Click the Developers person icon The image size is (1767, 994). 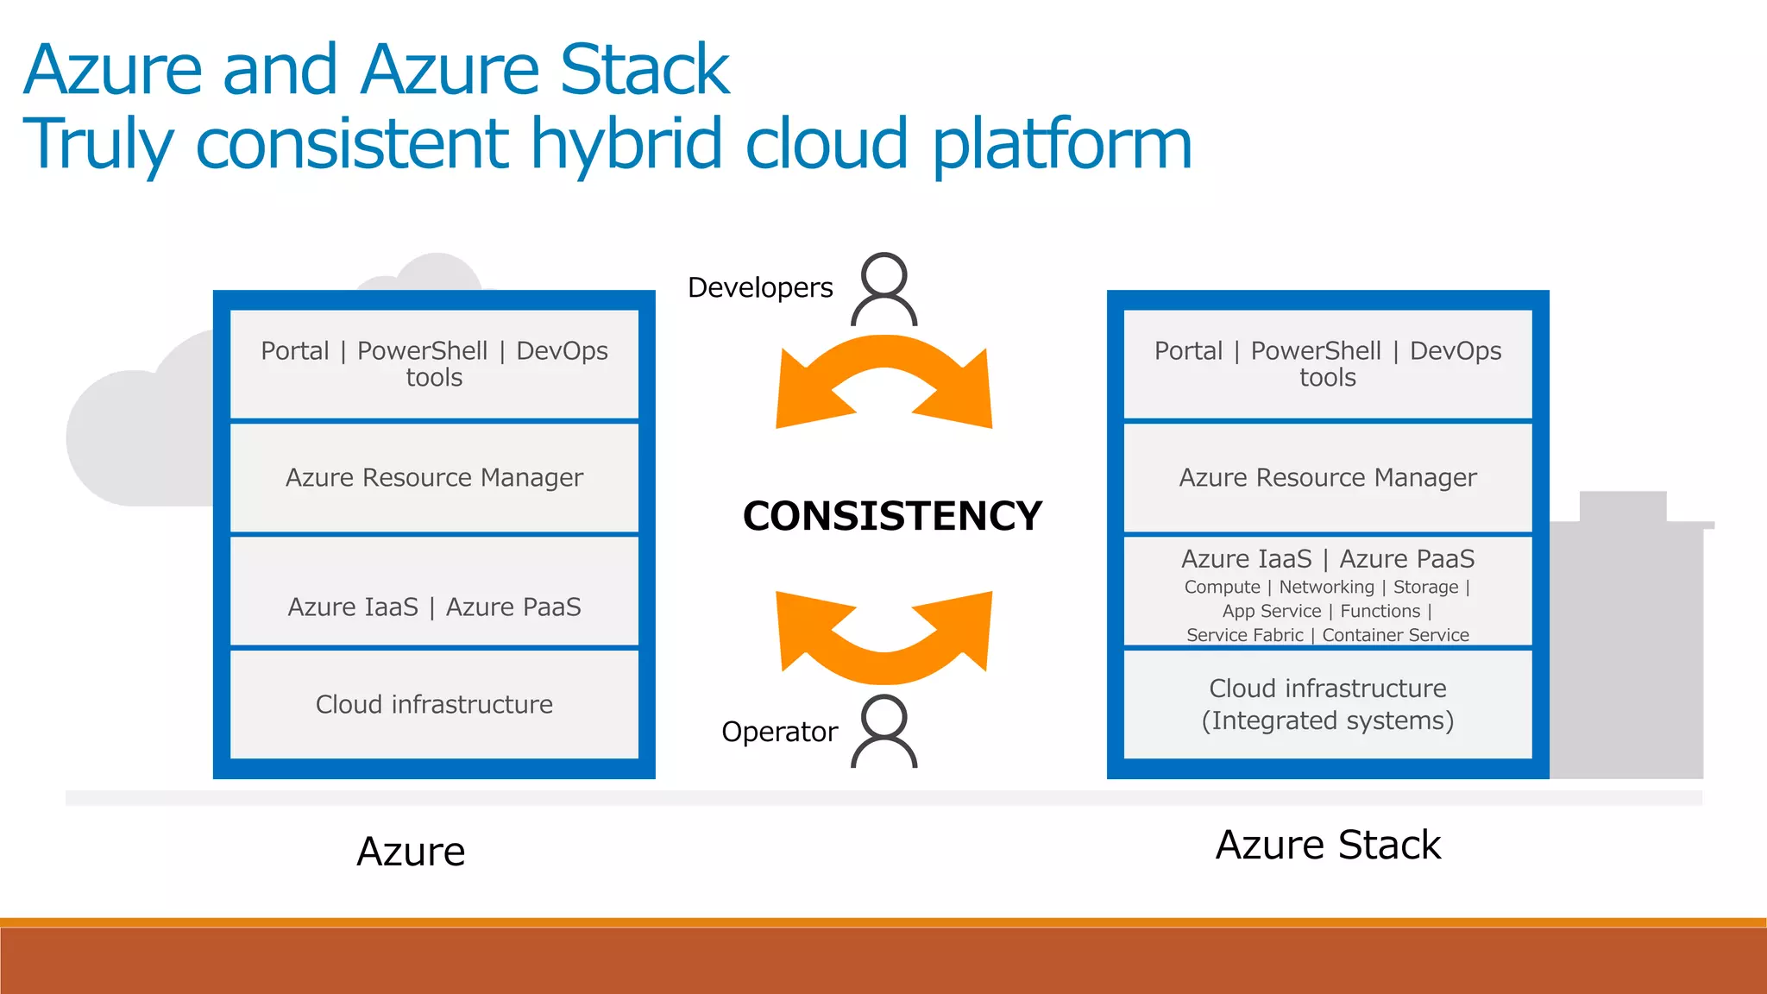pos(884,289)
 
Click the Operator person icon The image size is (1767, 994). pos(884,732)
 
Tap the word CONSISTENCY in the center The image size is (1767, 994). pos(892,516)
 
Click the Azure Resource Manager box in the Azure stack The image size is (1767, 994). pos(434,477)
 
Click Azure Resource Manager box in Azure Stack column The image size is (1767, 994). pos(1328,477)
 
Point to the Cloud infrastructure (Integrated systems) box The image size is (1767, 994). pos(1328,704)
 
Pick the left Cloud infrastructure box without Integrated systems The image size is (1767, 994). pos(434,704)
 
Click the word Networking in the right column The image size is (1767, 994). pos(1326,588)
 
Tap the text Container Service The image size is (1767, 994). pos(1395,635)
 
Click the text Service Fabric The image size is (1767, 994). pos(1244,635)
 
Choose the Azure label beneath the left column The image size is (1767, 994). pos(411,852)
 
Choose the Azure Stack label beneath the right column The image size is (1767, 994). pos(1328,845)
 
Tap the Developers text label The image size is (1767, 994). pos(760,287)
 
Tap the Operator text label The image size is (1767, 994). pos(779,732)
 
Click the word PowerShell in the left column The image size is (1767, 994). pos(422,351)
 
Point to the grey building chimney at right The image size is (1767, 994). pos(1622,506)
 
